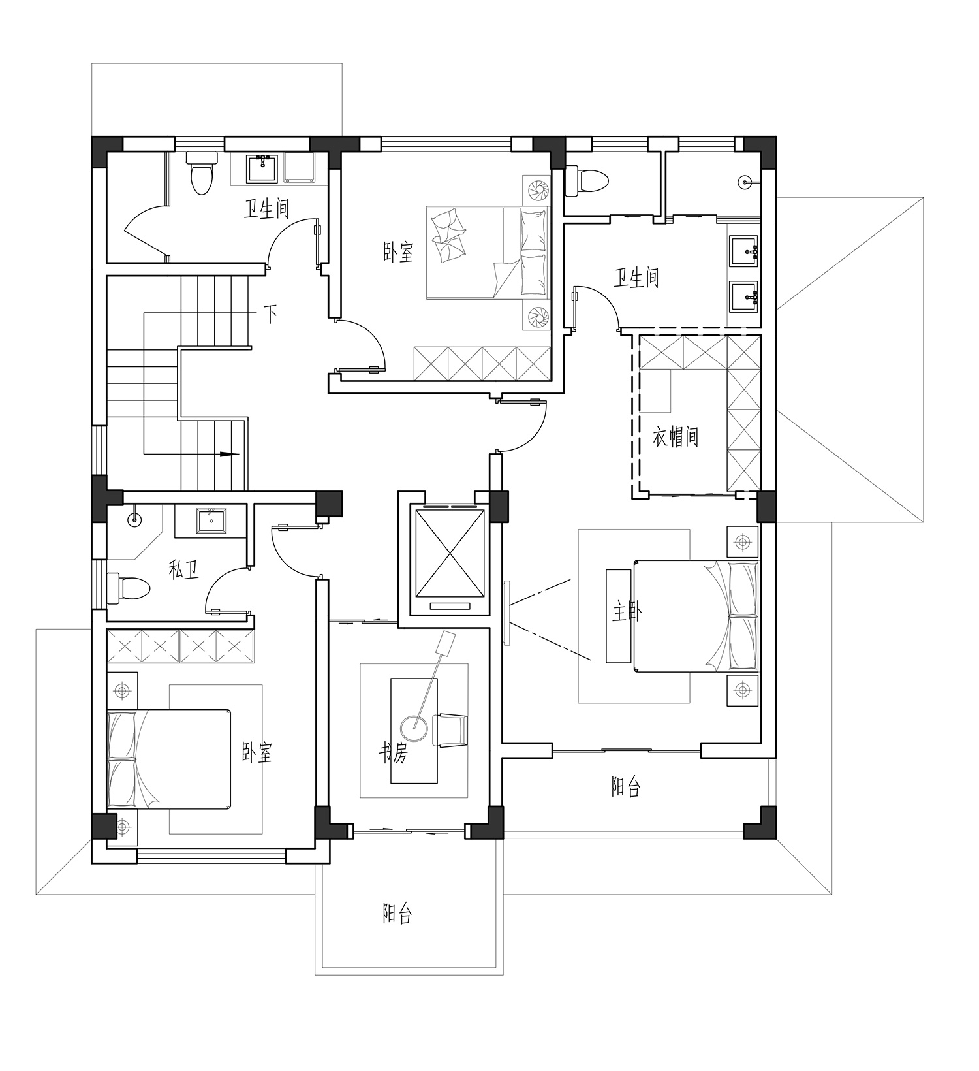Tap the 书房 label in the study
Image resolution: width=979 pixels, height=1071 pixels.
click(x=394, y=754)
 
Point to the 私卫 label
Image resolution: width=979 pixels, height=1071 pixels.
click(x=183, y=570)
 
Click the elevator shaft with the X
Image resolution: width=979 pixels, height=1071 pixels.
click(x=450, y=553)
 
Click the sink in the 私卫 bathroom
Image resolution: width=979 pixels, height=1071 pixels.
click(x=211, y=520)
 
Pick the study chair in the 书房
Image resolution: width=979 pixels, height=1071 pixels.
click(x=451, y=729)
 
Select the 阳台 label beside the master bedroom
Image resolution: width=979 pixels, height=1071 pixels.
click(x=626, y=787)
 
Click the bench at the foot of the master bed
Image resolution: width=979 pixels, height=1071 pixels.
click(x=619, y=615)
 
